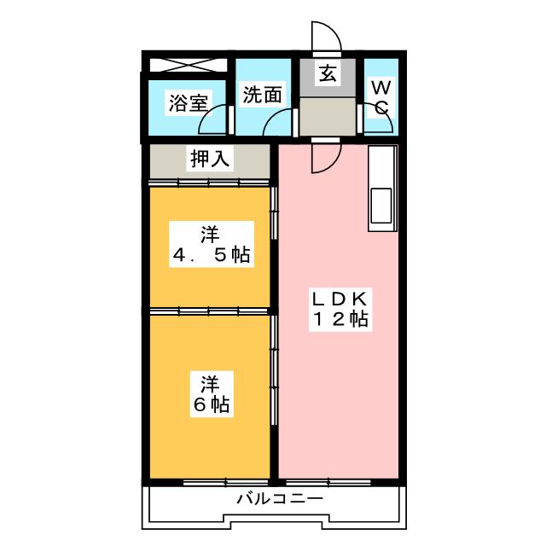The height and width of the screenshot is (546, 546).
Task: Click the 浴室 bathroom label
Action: pyautogui.click(x=189, y=102)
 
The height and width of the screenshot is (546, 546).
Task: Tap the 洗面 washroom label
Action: pyautogui.click(x=262, y=95)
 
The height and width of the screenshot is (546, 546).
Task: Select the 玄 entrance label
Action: pyautogui.click(x=328, y=74)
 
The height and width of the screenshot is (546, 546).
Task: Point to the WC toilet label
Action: pyautogui.click(x=381, y=97)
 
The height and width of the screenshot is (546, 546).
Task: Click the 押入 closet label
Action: pyautogui.click(x=210, y=160)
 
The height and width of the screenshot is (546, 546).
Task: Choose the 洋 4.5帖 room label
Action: pyautogui.click(x=212, y=245)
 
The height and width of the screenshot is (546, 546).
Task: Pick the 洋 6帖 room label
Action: pyautogui.click(x=212, y=394)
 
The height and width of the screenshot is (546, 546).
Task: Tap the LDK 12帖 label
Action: pyautogui.click(x=340, y=309)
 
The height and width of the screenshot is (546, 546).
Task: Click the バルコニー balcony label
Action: pyautogui.click(x=281, y=499)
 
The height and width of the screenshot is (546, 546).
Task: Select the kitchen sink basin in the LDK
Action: pyautogui.click(x=381, y=206)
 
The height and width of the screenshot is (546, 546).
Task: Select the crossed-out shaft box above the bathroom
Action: pyautogui.click(x=189, y=65)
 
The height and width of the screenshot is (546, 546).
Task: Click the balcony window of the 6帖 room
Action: pyautogui.click(x=225, y=482)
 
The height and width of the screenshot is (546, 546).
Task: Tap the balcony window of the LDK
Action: pyautogui.click(x=328, y=482)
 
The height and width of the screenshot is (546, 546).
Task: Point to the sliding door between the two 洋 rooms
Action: pyautogui.click(x=209, y=311)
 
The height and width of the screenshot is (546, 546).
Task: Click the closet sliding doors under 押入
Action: pyautogui.click(x=209, y=182)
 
